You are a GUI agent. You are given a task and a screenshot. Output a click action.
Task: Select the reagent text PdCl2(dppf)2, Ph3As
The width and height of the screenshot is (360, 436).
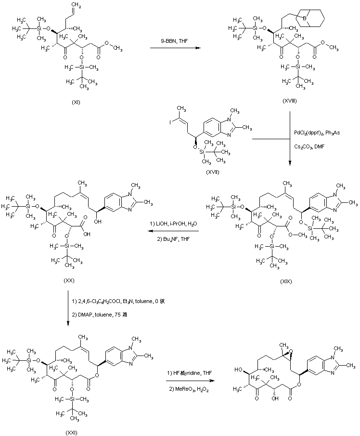pos(315,133)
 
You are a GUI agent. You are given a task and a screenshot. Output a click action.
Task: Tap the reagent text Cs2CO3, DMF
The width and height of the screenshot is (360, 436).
pos(309,145)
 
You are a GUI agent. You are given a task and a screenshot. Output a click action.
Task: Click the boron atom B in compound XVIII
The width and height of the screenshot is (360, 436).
pos(305,19)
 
